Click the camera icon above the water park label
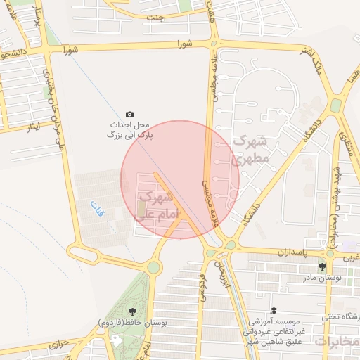coord(129,114)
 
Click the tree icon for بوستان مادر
coord(322,268)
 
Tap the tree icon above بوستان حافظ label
coord(131,311)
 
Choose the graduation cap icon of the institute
coord(273,311)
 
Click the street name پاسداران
coord(292,251)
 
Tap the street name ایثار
coord(33,127)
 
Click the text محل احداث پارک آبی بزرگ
coord(130,129)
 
